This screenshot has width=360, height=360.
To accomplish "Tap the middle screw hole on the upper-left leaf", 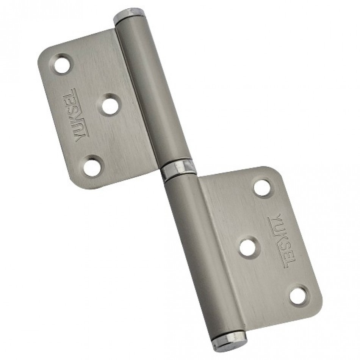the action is point(110,105).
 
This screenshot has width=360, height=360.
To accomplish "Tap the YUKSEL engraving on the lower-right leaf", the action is point(282,241).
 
